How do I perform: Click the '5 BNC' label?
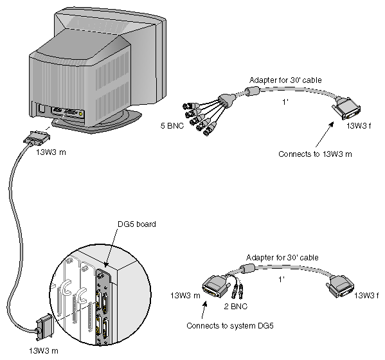[172, 126]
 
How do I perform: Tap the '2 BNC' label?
[235, 306]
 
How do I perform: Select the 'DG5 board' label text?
[137, 224]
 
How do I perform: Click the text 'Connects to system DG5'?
[230, 326]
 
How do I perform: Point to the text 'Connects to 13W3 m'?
[315, 154]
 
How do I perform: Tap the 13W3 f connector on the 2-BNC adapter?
[340, 286]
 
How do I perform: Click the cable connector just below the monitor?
[37, 139]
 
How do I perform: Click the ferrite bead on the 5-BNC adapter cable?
[252, 91]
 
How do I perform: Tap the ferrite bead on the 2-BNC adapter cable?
[247, 268]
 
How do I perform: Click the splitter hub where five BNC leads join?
[227, 100]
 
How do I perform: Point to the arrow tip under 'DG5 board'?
[106, 267]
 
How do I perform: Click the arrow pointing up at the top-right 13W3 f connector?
[325, 134]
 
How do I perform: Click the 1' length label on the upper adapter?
[285, 102]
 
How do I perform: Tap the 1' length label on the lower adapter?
[282, 279]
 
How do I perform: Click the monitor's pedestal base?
[98, 122]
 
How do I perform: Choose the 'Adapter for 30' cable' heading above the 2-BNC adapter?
[282, 258]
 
